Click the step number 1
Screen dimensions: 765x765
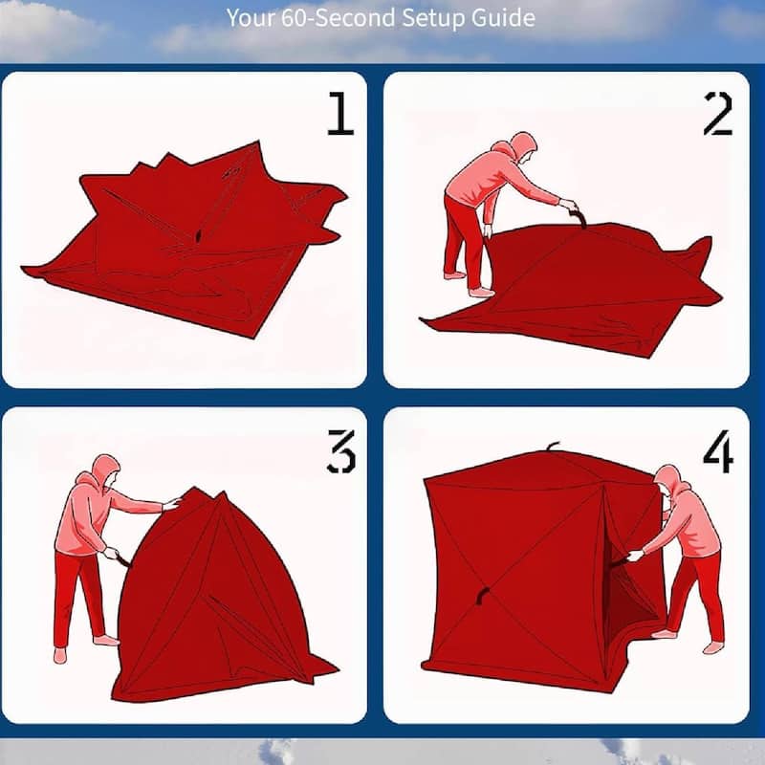coord(340,114)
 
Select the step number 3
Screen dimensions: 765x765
coord(340,453)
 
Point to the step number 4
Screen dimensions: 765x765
coord(717,452)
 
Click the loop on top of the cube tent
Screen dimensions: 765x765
coord(552,447)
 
